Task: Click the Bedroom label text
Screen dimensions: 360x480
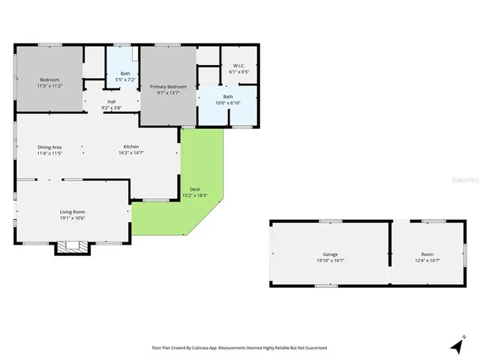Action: pyautogui.click(x=49, y=79)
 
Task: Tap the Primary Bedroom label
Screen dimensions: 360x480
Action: pyautogui.click(x=168, y=87)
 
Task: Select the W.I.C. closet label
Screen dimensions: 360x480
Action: pyautogui.click(x=239, y=66)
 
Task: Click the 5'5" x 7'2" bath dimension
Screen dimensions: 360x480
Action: pyautogui.click(x=121, y=79)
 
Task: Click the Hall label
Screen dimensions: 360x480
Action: pyautogui.click(x=111, y=101)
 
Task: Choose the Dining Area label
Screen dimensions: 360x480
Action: pyautogui.click(x=49, y=146)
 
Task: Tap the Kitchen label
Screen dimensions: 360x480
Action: pyautogui.click(x=131, y=146)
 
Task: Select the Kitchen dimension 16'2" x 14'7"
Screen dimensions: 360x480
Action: pyautogui.click(x=131, y=152)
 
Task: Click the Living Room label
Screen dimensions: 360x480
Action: pyautogui.click(x=73, y=211)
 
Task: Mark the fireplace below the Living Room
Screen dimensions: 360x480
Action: pyautogui.click(x=72, y=247)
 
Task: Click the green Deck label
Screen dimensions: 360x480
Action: pyautogui.click(x=195, y=189)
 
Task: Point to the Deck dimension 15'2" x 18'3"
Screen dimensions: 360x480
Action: pyautogui.click(x=195, y=196)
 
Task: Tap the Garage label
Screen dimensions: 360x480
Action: pyautogui.click(x=330, y=254)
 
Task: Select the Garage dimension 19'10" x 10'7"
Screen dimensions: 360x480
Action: pyautogui.click(x=330, y=260)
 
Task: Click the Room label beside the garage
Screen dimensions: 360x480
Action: pyautogui.click(x=427, y=254)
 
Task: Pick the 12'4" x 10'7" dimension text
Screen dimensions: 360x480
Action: pyautogui.click(x=427, y=260)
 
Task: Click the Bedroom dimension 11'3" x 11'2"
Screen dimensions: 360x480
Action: pyautogui.click(x=49, y=86)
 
